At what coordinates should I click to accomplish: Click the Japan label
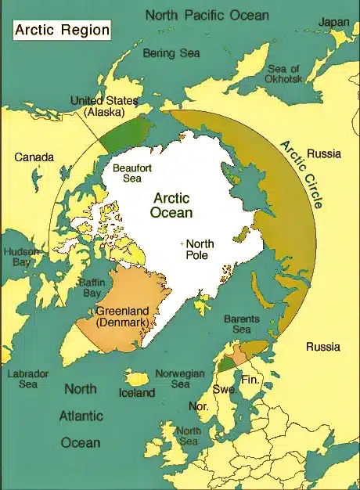[333, 23]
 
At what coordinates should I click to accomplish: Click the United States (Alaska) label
[104, 107]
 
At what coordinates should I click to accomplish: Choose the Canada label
[34, 157]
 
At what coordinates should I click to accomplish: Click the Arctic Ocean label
[173, 205]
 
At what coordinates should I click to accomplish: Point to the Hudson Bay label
[18, 258]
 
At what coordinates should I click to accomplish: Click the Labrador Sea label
[27, 379]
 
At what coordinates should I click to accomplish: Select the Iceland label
[137, 392]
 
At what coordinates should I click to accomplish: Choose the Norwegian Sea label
[181, 379]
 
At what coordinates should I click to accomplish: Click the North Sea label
[188, 437]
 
